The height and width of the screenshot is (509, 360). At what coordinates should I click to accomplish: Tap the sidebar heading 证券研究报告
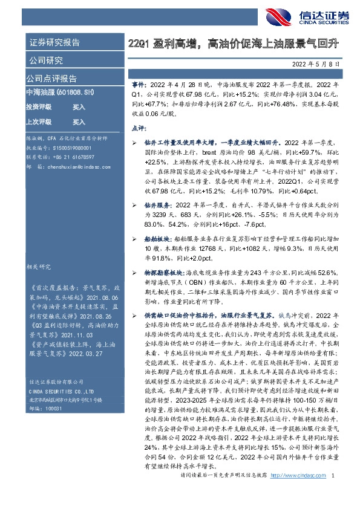tap(54, 43)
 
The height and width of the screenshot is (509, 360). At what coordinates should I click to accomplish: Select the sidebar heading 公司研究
tap(45, 60)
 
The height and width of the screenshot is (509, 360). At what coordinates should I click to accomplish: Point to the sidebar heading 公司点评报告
tap(51, 79)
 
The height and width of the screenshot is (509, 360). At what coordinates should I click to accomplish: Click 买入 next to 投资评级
tap(79, 106)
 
